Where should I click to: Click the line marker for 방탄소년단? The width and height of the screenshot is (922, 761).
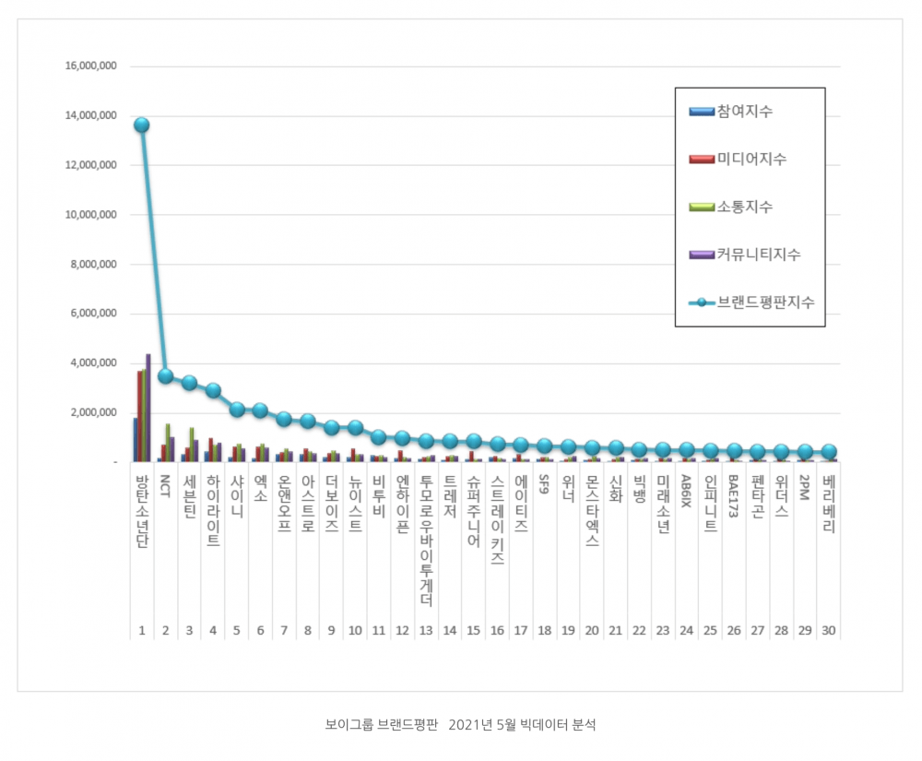tap(141, 125)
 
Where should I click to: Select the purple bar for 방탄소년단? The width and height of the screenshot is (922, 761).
tap(148, 407)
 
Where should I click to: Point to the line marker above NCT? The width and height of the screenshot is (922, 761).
tap(165, 375)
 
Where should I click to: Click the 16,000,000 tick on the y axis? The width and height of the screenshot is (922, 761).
tap(90, 66)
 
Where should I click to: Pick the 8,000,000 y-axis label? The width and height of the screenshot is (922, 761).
tap(93, 264)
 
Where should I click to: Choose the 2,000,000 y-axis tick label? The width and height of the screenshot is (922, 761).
tap(93, 412)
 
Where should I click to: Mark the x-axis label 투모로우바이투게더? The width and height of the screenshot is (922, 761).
tap(426, 541)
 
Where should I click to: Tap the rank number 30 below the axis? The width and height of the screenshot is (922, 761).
tap(829, 631)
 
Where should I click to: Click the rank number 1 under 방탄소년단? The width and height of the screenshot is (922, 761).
tap(142, 631)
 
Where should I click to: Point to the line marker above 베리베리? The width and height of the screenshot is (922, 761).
tap(829, 452)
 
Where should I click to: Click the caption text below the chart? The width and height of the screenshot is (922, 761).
tap(461, 725)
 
